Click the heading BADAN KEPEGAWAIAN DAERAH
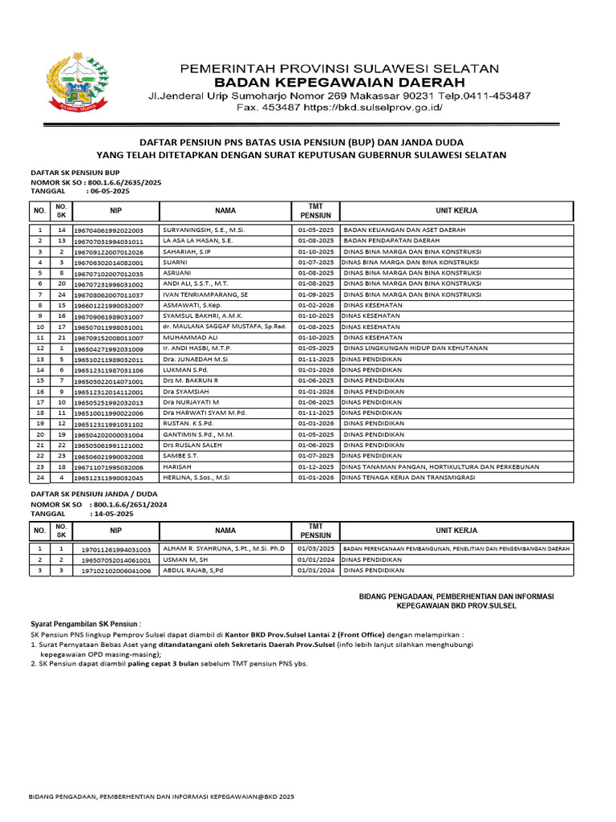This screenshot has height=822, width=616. (x=339, y=83)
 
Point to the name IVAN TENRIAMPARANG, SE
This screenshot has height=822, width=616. (x=205, y=295)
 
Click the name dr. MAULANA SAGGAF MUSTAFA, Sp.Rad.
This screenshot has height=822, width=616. (x=224, y=327)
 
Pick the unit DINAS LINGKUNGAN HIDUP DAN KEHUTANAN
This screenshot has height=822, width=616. (x=415, y=348)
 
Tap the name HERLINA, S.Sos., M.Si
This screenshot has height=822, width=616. (x=197, y=477)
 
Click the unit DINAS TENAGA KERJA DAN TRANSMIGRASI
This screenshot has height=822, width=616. (x=408, y=477)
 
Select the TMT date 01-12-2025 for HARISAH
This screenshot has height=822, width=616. (x=315, y=466)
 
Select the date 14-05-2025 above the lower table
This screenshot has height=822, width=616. (x=111, y=513)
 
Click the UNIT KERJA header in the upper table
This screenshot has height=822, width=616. (x=456, y=210)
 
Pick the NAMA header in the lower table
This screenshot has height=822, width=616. (x=225, y=531)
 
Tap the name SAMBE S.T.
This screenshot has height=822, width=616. (x=182, y=455)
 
